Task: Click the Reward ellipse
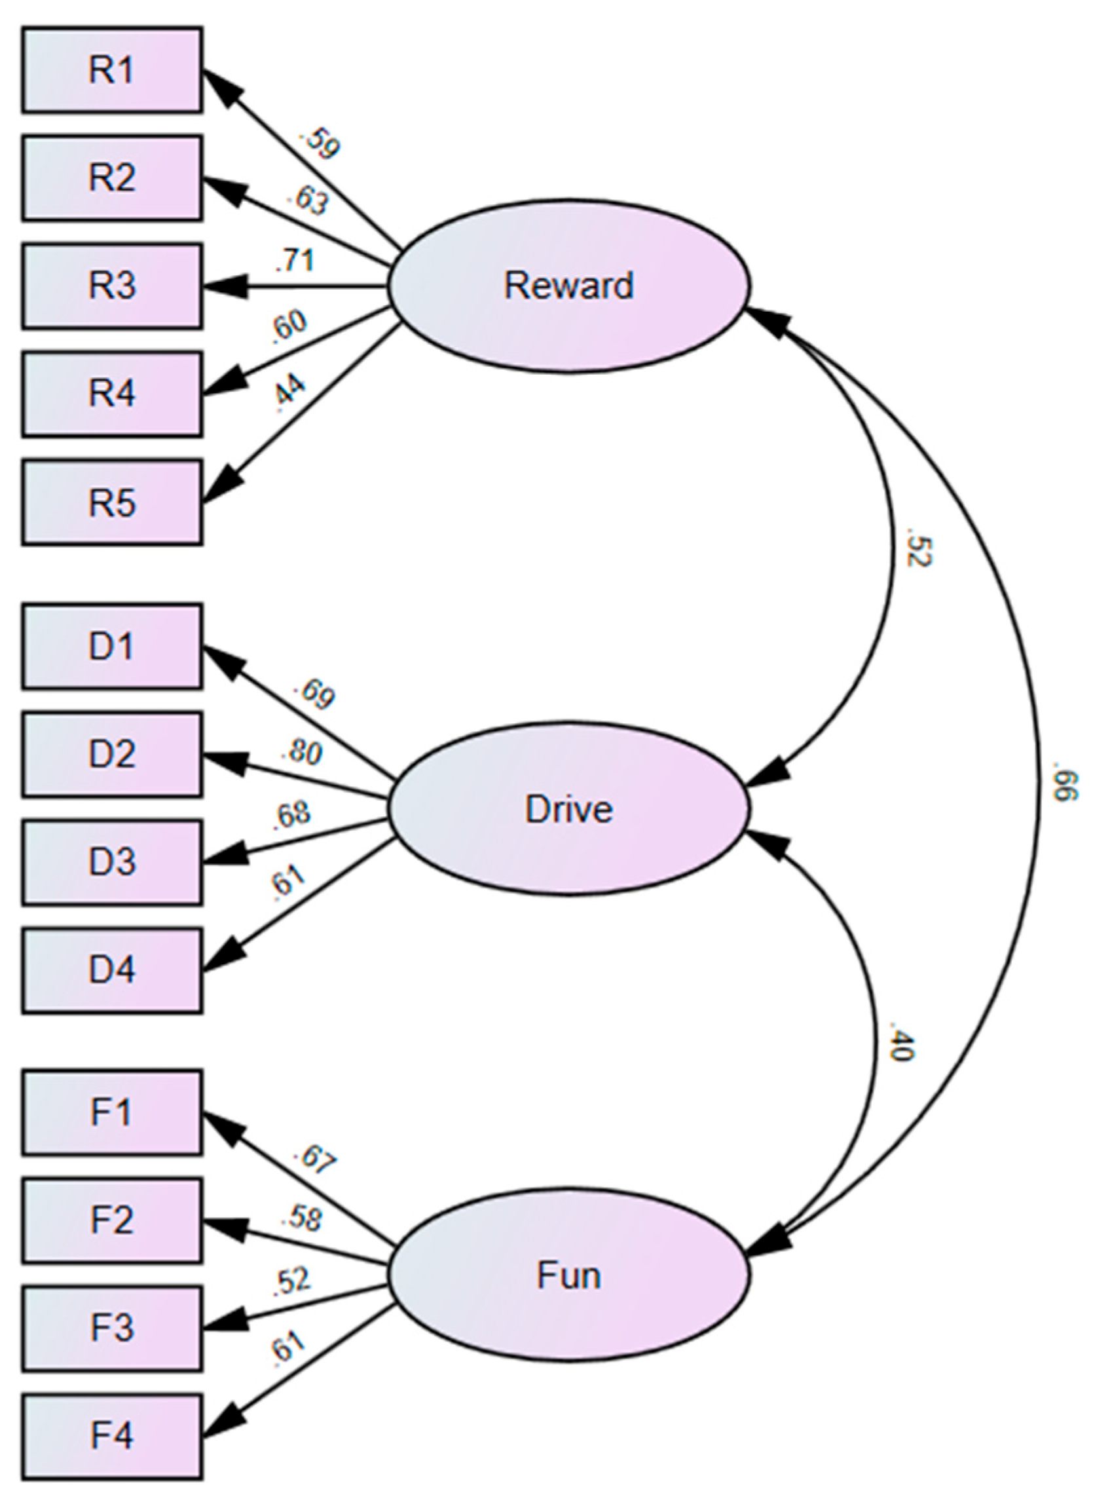click(569, 286)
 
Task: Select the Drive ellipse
click(569, 808)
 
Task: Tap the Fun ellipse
click(569, 1275)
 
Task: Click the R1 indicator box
click(112, 70)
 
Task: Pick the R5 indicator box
click(112, 502)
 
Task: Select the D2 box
click(112, 754)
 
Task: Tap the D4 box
click(112, 970)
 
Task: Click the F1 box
click(112, 1113)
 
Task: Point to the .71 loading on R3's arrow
click(295, 261)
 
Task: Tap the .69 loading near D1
click(313, 695)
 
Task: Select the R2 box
click(112, 178)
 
